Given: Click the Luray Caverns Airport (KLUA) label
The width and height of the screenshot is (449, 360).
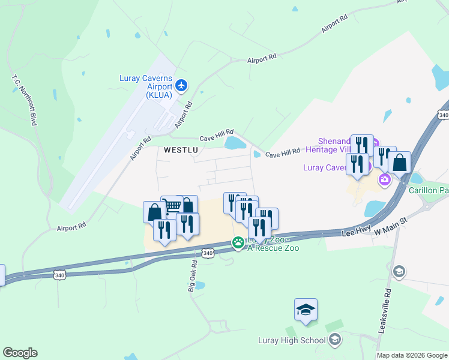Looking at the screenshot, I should point(146,86).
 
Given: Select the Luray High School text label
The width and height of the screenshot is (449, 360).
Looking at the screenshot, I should point(291,341).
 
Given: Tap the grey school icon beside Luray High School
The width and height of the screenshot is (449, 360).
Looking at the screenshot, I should point(335,340).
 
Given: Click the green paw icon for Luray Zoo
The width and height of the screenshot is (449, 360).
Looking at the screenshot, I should point(238,242).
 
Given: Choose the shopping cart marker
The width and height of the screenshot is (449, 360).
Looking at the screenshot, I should point(172,206).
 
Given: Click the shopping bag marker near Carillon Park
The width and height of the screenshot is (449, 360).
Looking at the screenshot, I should point(399,163).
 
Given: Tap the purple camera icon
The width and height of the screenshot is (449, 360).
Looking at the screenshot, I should point(384,179).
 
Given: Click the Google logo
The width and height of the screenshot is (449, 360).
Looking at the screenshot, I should point(20,353).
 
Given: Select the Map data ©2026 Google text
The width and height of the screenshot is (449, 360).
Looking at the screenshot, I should point(412,356).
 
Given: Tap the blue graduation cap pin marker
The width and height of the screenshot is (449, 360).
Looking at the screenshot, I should point(306,310).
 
